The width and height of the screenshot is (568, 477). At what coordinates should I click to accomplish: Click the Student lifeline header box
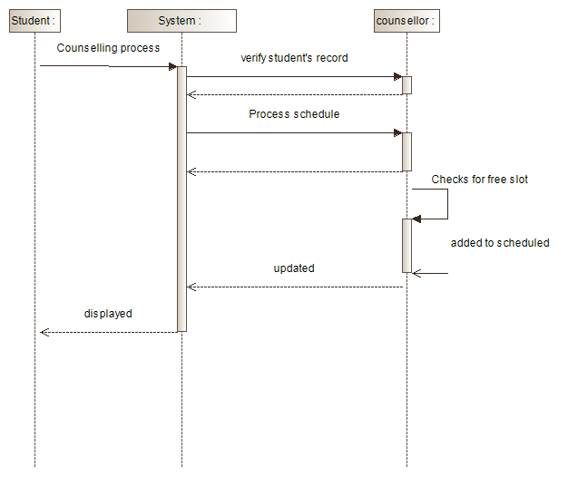pos(34,20)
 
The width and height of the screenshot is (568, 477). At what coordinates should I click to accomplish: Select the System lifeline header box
pos(181,20)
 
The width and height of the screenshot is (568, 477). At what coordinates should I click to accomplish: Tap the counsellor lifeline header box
pos(406,20)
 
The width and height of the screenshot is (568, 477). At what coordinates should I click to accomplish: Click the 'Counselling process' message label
pos(108,47)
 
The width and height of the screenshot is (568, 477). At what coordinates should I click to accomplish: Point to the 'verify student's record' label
pos(294,58)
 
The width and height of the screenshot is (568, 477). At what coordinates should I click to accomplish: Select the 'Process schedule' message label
pos(294,114)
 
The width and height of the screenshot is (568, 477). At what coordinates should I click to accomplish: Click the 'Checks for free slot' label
pos(479,180)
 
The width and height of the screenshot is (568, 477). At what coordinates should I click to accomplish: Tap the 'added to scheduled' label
pos(500,243)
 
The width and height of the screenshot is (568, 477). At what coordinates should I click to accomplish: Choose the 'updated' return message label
pos(294,268)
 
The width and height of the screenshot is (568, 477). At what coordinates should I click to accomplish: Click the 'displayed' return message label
pos(108,314)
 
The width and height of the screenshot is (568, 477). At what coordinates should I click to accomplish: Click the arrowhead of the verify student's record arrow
pos(397,77)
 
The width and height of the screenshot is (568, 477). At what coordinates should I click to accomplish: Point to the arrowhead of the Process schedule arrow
pos(397,133)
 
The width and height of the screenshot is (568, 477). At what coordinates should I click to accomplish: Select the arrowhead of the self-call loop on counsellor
pos(416,219)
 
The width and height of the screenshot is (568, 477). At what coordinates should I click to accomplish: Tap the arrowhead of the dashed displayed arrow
pos(44,332)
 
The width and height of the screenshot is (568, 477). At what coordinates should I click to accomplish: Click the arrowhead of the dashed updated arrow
pos(191,287)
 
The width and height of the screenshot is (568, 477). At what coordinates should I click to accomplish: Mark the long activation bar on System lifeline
pos(181,200)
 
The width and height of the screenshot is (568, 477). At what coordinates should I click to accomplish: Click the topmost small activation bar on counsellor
pos(406,85)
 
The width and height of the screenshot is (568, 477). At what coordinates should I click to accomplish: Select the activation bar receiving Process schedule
pos(406,151)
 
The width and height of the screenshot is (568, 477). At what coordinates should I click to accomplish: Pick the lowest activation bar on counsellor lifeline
pos(406,245)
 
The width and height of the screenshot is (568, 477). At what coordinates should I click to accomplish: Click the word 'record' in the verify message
pos(332,58)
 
